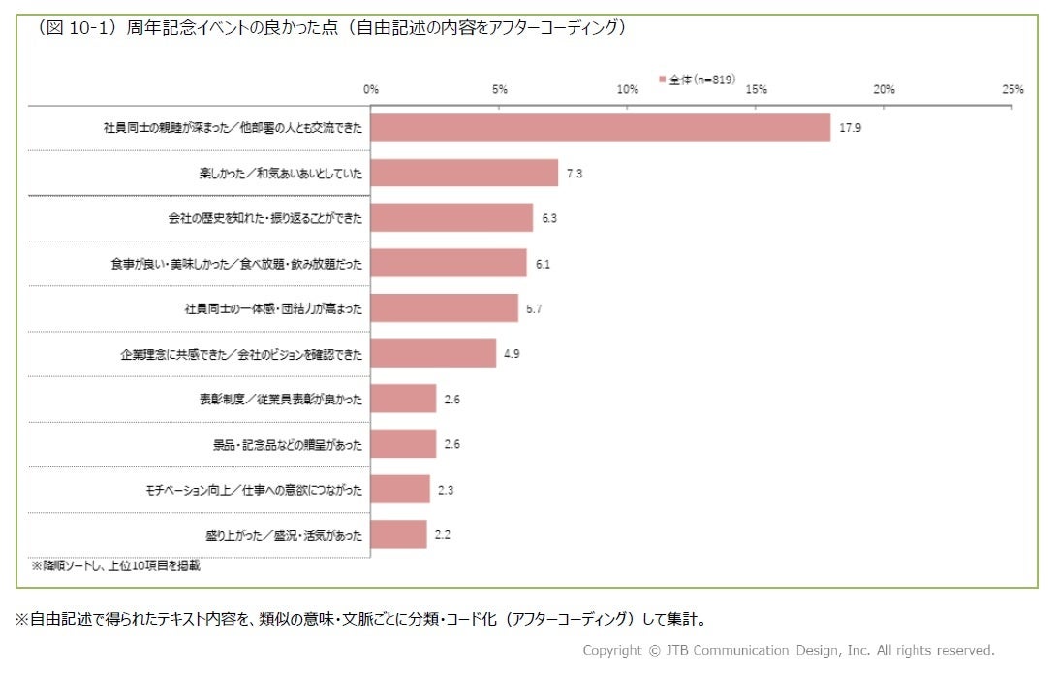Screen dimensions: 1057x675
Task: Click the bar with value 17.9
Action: pyautogui.click(x=600, y=128)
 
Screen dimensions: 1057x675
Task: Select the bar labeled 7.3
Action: pyautogui.click(x=464, y=173)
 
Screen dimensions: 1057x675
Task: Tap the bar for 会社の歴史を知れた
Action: pyautogui.click(x=451, y=218)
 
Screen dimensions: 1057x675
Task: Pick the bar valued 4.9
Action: pyautogui.click(x=433, y=353)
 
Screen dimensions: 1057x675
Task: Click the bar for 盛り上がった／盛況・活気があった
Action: pyautogui.click(x=398, y=534)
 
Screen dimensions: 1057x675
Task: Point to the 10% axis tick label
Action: pyautogui.click(x=628, y=89)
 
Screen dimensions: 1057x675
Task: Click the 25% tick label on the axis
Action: pyautogui.click(x=1012, y=89)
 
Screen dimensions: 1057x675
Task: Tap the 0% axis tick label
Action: pyautogui.click(x=371, y=89)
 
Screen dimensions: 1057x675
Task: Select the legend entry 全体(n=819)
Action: pyautogui.click(x=697, y=80)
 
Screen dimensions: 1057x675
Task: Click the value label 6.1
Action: pyautogui.click(x=543, y=264)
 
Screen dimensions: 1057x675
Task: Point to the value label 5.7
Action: pyautogui.click(x=534, y=309)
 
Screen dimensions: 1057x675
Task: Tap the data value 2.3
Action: pyautogui.click(x=446, y=490)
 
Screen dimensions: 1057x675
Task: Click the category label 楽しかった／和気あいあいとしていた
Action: pyautogui.click(x=280, y=174)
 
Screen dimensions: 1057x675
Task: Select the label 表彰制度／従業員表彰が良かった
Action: pyautogui.click(x=280, y=400)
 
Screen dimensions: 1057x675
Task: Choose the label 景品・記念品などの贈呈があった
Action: pyautogui.click(x=288, y=445)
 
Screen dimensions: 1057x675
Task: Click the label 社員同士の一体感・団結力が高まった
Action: pyautogui.click(x=273, y=309)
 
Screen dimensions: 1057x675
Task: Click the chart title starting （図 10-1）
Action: pyautogui.click(x=331, y=28)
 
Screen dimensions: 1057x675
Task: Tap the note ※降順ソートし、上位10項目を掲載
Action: pyautogui.click(x=116, y=565)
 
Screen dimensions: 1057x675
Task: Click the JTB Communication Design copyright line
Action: pyautogui.click(x=789, y=650)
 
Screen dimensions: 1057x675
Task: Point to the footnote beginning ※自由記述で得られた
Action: pyautogui.click(x=360, y=619)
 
